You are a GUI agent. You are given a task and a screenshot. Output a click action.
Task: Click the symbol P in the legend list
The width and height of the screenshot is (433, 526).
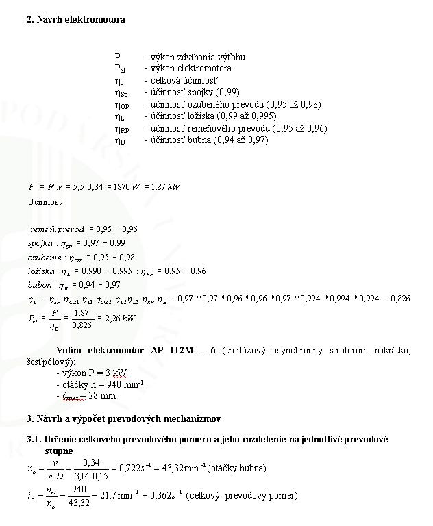point(117,57)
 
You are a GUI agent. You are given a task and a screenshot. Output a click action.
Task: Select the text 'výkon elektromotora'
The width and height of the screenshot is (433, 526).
point(190,68)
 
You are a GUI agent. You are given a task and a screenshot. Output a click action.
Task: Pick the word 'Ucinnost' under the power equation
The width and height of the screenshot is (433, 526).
point(45,202)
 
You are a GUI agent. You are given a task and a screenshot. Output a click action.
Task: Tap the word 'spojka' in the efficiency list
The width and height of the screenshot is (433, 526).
point(40,243)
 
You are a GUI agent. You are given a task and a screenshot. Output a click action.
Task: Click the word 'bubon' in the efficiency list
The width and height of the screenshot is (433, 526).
point(38,285)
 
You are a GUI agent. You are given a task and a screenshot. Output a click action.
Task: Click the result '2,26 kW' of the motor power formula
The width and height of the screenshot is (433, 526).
point(121,318)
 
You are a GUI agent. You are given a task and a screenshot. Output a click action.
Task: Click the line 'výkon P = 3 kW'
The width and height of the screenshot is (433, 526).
point(92,373)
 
